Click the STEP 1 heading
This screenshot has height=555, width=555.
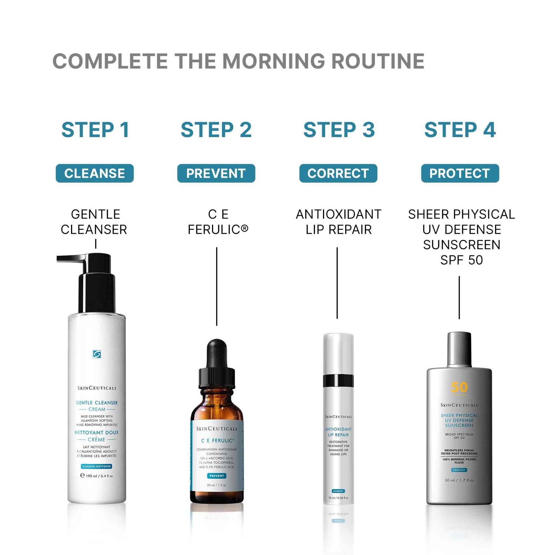(x=95, y=130)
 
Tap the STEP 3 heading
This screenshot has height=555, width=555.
(x=339, y=130)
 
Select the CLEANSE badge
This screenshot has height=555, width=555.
(x=95, y=173)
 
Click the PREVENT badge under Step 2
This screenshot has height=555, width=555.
(x=216, y=173)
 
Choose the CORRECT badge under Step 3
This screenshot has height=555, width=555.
(x=338, y=173)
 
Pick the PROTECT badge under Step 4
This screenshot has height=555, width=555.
(x=460, y=173)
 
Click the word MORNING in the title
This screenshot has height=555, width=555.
(x=273, y=61)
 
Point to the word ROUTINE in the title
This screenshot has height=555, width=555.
(x=378, y=61)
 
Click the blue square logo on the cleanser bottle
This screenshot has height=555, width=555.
(x=97, y=354)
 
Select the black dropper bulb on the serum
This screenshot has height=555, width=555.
(x=217, y=353)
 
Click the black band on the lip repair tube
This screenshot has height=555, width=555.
(x=338, y=381)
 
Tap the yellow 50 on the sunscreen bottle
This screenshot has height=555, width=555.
(x=459, y=387)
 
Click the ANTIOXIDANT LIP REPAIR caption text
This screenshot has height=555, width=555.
(x=339, y=222)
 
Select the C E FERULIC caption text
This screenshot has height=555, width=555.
(x=218, y=222)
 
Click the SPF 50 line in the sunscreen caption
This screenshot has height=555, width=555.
(x=461, y=260)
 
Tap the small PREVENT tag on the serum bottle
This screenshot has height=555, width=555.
(x=216, y=476)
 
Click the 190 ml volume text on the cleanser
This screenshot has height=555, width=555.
(x=97, y=476)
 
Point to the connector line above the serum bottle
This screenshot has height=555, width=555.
(x=217, y=287)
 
